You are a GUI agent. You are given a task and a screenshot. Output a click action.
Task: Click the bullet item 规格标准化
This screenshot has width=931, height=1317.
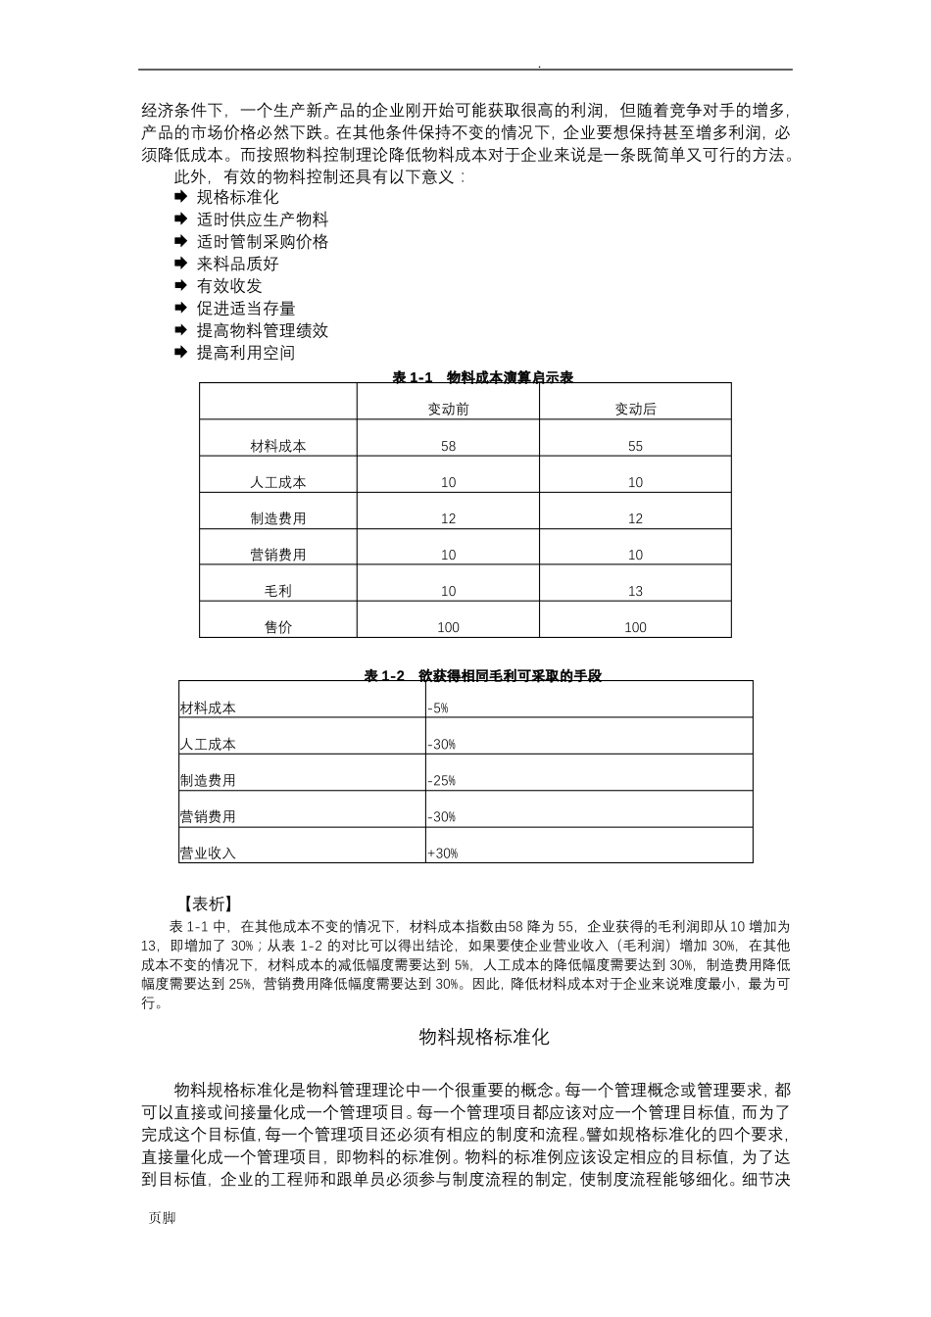coord(237,197)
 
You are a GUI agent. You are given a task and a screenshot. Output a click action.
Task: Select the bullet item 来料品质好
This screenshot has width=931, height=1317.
coord(237,264)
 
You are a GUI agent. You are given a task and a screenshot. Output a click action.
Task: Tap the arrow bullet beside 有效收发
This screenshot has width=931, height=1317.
coord(180,286)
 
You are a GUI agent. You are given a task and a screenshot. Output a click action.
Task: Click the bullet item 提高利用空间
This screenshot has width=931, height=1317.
coord(245,353)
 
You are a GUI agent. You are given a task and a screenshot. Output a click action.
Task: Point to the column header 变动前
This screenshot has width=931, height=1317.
coord(448,410)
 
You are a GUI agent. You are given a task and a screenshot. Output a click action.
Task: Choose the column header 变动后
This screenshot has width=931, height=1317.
coord(635,410)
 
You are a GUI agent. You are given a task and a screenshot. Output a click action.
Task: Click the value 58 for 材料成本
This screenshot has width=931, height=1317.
coord(448,446)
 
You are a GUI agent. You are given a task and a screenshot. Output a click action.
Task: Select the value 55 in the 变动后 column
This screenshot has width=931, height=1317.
coord(635,446)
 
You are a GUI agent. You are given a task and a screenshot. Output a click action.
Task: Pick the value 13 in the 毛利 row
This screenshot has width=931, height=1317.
coord(635,591)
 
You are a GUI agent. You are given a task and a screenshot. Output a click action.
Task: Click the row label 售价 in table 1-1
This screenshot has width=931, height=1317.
coord(278,627)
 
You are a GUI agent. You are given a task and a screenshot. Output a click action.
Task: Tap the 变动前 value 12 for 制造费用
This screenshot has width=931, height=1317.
coord(448,518)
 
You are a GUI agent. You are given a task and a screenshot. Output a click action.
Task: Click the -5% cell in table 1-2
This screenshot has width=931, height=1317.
coord(438,707)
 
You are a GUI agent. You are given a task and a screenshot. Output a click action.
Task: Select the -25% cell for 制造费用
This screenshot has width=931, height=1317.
coord(441,781)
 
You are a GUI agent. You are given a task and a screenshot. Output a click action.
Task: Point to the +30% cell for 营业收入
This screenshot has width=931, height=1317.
coord(442,854)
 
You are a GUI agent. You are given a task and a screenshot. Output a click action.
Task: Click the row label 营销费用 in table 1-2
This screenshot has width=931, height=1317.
coord(208,817)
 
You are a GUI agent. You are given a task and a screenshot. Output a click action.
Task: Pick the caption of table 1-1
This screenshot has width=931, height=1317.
coord(483,377)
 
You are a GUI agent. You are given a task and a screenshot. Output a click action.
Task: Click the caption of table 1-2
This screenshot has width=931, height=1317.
coord(483,675)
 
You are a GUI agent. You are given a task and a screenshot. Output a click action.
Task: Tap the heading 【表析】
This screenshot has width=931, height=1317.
coord(208,903)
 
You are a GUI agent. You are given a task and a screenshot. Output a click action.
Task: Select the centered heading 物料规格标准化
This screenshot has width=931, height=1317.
coord(484,1037)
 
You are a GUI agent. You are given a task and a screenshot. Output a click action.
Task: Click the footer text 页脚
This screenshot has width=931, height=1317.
coord(162,1218)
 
